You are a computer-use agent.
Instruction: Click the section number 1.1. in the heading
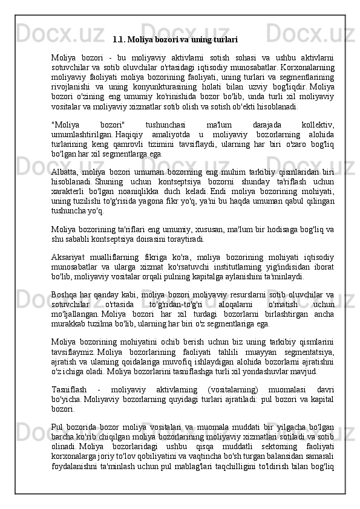[x=119, y=41]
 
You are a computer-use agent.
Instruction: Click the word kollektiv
[x=318, y=123]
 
